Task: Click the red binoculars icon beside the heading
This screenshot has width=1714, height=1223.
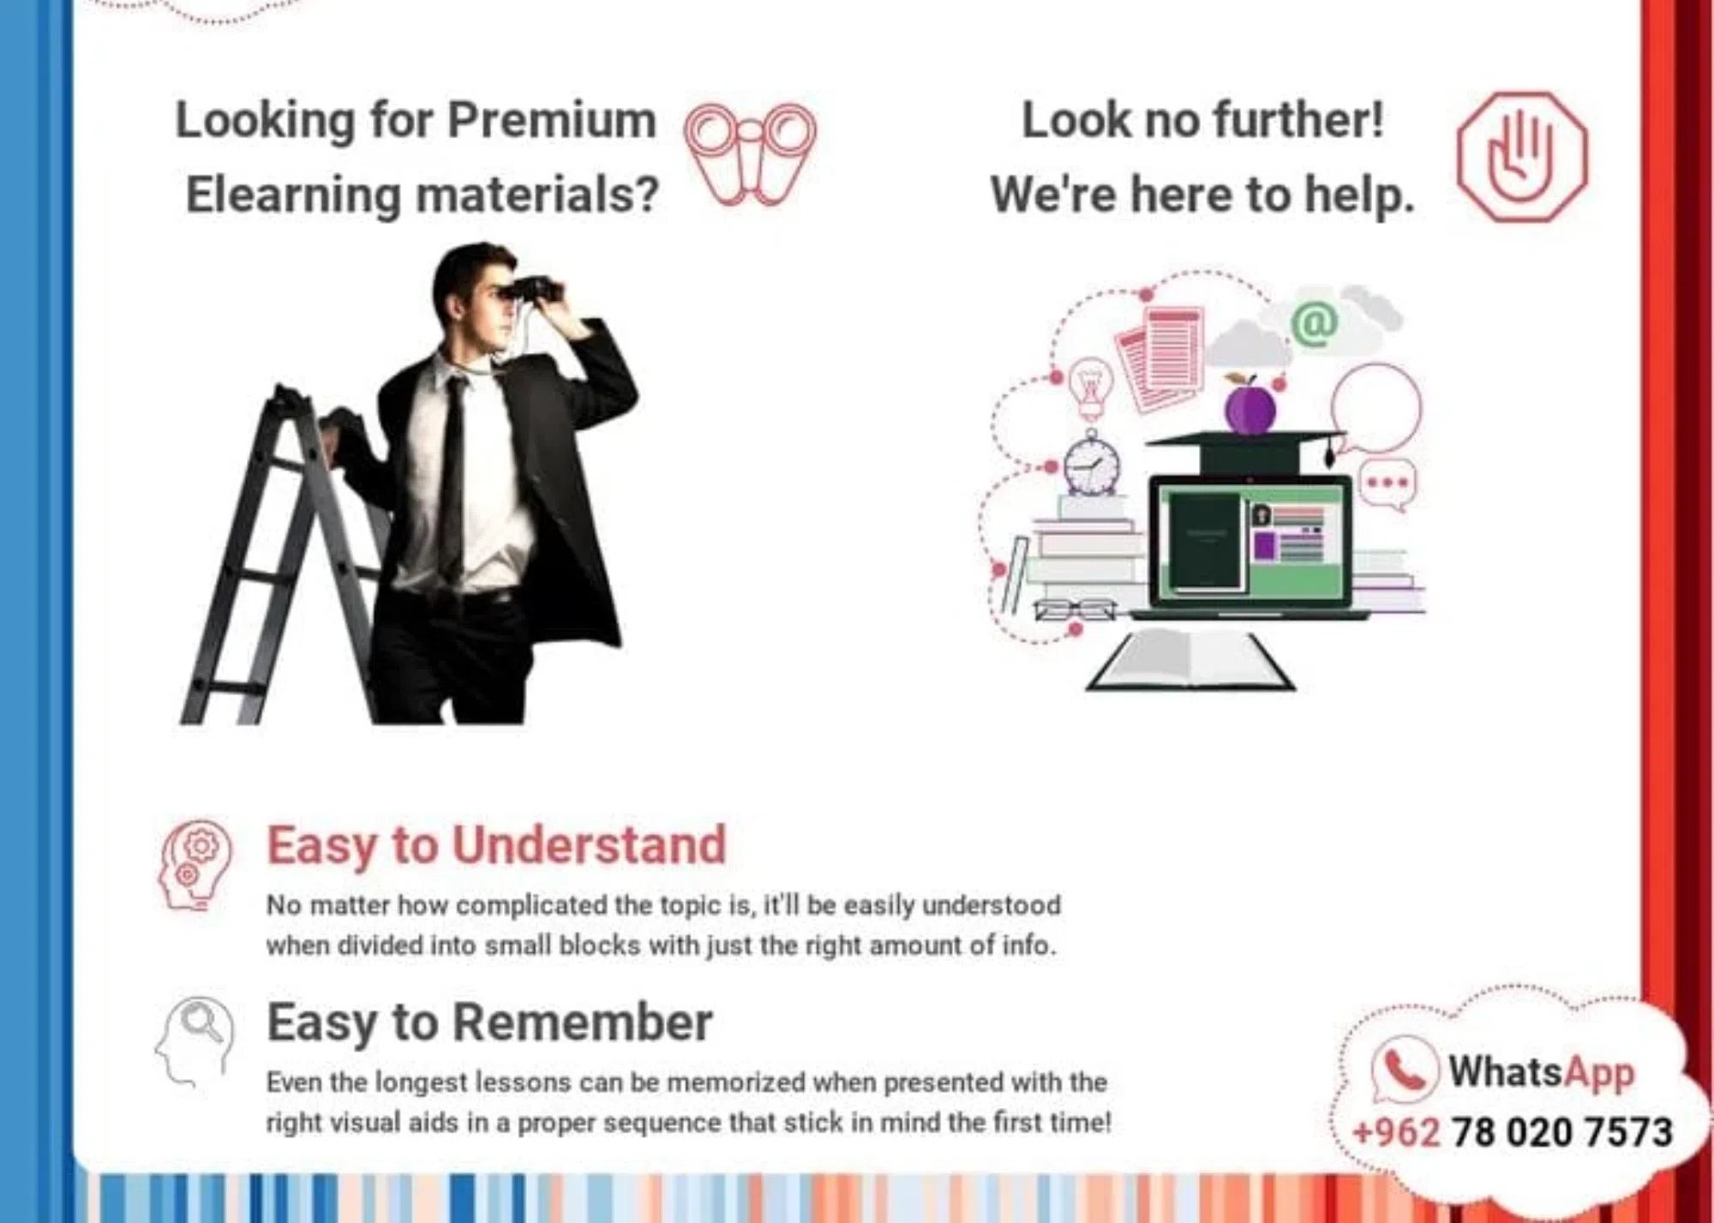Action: pos(750,154)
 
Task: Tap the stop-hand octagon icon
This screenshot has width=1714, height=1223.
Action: pos(1522,157)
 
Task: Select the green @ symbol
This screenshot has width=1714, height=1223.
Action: pos(1315,323)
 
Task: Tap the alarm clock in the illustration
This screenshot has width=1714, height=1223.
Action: pos(1092,463)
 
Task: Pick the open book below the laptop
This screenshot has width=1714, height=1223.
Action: pos(1190,660)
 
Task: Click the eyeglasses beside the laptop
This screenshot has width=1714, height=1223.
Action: pos(1075,610)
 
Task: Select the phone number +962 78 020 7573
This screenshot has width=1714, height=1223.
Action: pos(1513,1132)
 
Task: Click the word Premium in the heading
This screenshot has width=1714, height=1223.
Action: pos(552,119)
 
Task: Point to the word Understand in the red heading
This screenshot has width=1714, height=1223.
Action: pos(590,845)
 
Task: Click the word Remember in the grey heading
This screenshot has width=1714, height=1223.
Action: pos(582,1022)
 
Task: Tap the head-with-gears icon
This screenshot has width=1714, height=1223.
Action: pos(195,866)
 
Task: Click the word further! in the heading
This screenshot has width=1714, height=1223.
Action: pos(1300,119)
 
